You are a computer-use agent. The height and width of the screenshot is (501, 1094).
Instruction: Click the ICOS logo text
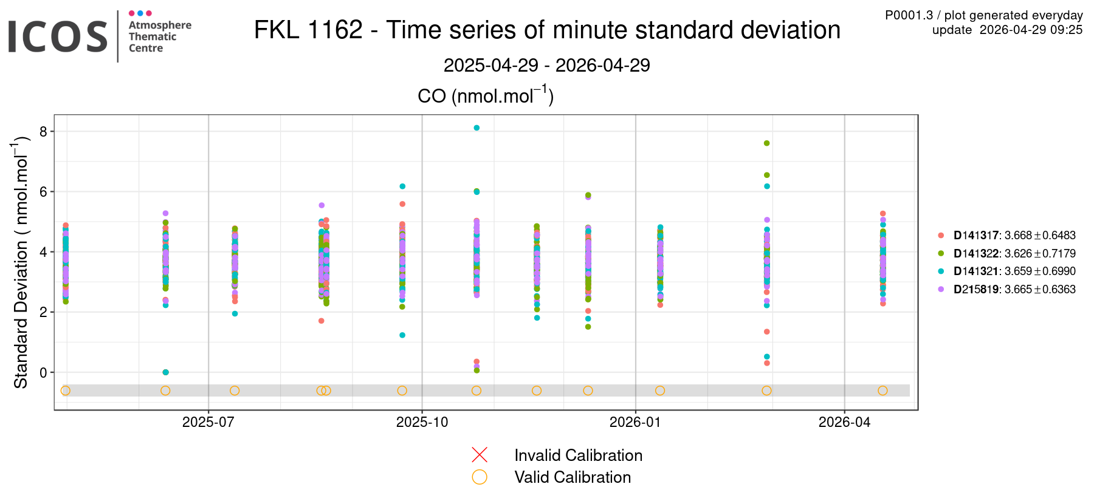58,36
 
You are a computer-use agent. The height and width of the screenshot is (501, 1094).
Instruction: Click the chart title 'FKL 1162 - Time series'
547,30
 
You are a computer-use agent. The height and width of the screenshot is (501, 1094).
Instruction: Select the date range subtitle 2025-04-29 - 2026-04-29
546,65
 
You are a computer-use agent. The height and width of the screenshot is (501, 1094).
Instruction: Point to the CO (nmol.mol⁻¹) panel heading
485,96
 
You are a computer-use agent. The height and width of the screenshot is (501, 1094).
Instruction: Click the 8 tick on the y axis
43,132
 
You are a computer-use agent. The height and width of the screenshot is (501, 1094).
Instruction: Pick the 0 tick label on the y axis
43,372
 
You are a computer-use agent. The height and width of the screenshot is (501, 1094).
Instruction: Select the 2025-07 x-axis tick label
208,422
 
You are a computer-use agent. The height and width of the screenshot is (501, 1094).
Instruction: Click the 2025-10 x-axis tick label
422,422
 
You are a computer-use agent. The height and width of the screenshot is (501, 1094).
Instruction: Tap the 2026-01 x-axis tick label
635,422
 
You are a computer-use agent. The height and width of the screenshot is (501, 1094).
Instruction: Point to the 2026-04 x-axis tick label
844,422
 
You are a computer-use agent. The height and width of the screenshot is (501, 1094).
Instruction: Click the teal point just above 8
476,128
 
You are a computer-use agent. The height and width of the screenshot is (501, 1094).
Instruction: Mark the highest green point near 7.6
766,143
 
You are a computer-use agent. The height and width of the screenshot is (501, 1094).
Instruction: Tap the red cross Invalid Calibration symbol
480,455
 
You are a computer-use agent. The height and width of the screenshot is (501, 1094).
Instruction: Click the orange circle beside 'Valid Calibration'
480,477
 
